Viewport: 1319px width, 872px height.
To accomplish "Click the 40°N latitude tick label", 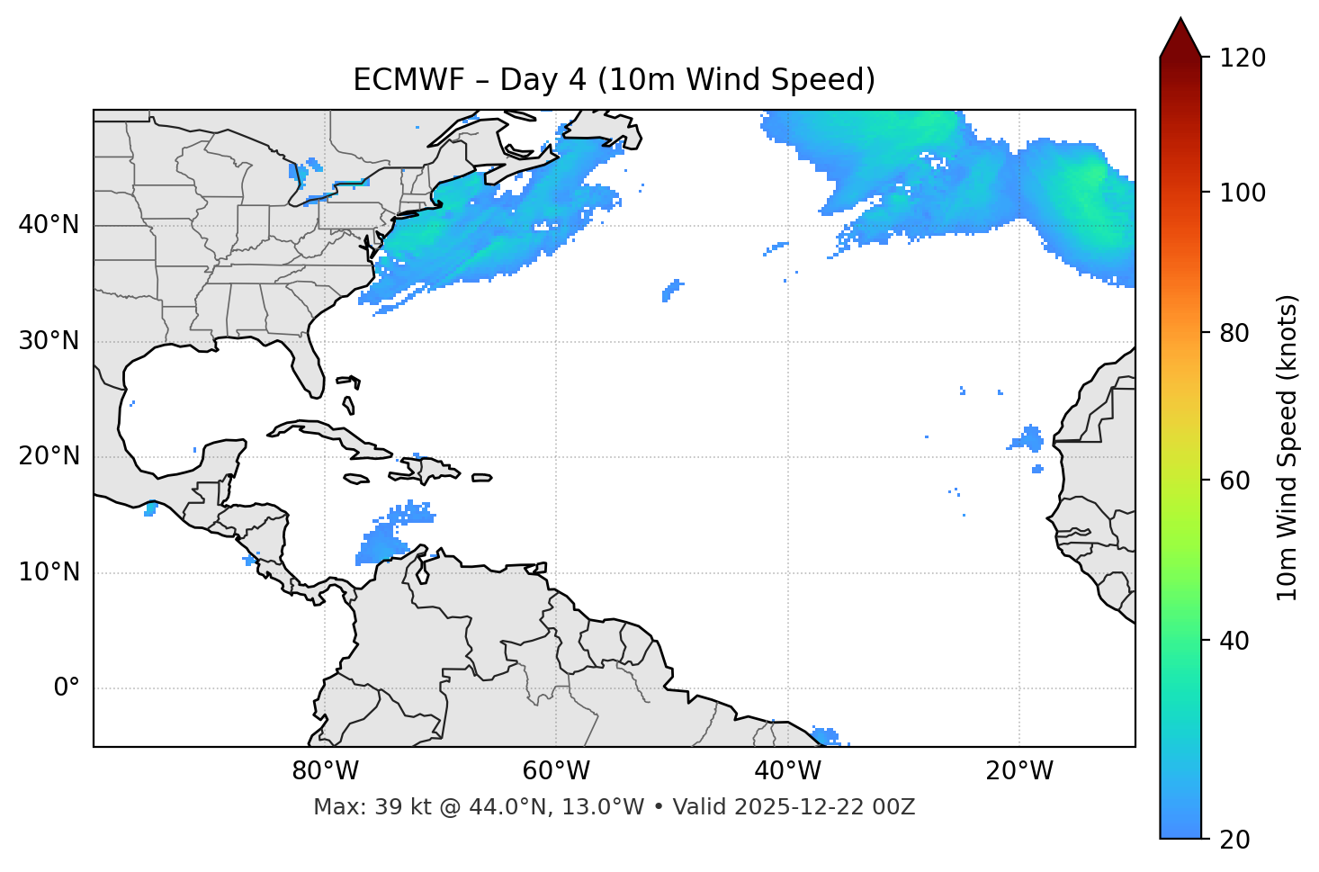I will [x=49, y=225].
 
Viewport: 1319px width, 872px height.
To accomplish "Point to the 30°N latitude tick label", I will [x=49, y=341].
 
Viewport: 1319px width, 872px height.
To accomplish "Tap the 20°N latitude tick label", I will [x=49, y=456].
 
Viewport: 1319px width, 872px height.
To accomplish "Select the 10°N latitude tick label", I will [x=49, y=572].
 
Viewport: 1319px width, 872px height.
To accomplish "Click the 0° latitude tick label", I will [x=67, y=688].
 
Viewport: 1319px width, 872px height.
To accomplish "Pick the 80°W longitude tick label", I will [x=325, y=771].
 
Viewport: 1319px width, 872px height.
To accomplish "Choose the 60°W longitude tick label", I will [x=556, y=771].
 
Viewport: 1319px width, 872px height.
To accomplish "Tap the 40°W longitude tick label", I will [x=787, y=771].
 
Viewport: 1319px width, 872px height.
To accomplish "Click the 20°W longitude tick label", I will [x=1018, y=771].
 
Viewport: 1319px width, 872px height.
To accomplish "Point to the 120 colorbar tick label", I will [x=1242, y=58].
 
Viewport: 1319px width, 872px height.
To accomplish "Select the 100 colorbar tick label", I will [x=1242, y=193].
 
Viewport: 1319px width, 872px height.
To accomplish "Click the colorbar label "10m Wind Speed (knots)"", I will [x=1288, y=448].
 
